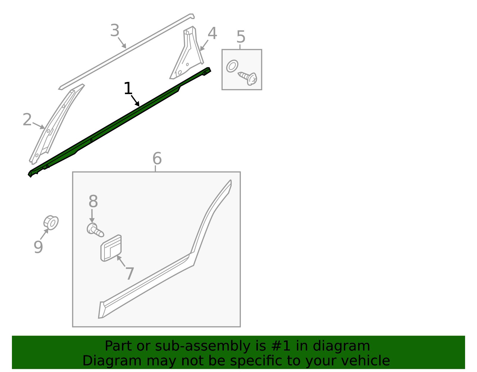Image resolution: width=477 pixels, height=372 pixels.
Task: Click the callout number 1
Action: point(128,88)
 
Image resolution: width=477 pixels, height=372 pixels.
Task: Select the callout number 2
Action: point(27,120)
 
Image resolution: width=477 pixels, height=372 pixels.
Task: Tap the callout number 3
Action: point(115,30)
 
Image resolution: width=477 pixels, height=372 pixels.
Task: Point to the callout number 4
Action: point(212,34)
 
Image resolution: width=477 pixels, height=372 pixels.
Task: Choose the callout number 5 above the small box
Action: point(241,37)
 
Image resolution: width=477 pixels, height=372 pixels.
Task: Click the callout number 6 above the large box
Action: point(157,158)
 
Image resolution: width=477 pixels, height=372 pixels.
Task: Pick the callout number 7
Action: point(130,274)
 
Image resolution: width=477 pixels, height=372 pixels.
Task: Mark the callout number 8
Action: point(93,201)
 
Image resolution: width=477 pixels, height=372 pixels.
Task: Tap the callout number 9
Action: point(38,247)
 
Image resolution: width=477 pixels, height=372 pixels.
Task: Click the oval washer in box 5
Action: point(232,66)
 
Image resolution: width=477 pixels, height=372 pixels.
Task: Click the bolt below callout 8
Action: point(95,230)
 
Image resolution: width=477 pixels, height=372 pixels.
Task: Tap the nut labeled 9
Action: point(51,223)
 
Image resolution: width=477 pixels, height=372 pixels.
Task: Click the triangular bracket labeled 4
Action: point(187,53)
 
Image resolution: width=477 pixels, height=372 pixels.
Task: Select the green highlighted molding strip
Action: point(120,122)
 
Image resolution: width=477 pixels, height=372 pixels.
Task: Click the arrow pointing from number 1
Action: point(135,101)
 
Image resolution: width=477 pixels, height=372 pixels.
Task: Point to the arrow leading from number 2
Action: point(39,126)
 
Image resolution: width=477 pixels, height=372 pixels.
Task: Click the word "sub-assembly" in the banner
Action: point(203,346)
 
